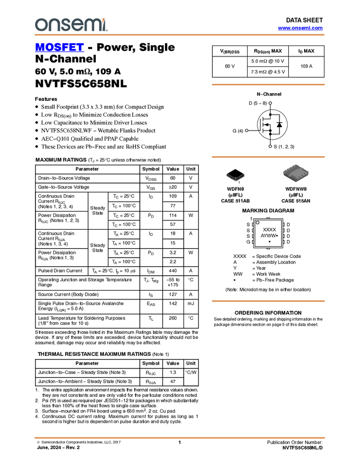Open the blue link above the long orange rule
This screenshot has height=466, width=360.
[x=300, y=28]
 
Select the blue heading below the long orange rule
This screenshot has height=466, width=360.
[x=59, y=48]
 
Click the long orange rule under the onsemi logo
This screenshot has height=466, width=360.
[x=179, y=35]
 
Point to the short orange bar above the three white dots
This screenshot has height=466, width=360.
[x=268, y=84]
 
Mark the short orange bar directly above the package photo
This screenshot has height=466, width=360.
[x=268, y=157]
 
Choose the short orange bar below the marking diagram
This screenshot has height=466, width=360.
[x=268, y=301]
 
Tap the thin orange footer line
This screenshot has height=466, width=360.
[x=179, y=437]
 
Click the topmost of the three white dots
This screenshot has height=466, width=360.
[x=270, y=103]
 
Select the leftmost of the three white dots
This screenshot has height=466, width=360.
[x=246, y=130]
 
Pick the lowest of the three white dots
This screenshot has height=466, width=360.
[x=270, y=146]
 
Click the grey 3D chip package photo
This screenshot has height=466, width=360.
[x=296, y=173]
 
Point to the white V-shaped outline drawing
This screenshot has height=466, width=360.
[x=236, y=177]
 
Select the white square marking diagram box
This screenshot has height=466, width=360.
[x=268, y=233]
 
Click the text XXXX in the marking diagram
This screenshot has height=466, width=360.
[x=270, y=230]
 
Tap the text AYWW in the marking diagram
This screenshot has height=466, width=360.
[x=268, y=236]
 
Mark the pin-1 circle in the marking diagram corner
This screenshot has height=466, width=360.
[x=258, y=223]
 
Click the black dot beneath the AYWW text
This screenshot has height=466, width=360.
[x=270, y=242]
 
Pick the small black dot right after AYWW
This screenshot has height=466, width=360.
[x=277, y=236]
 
